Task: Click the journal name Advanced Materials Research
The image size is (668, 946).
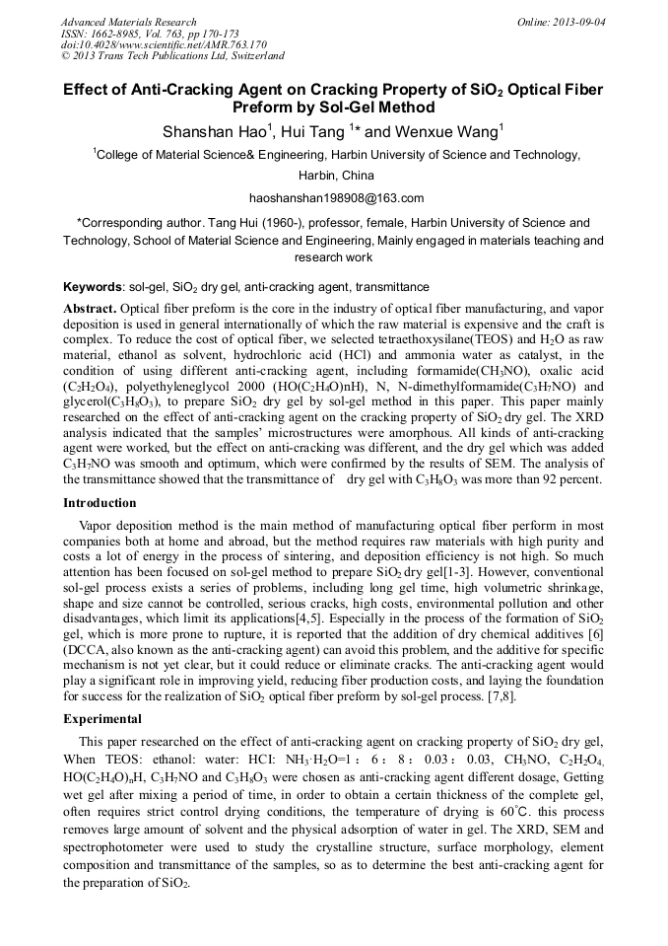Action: tap(129, 22)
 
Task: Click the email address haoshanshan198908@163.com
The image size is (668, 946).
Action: tap(336, 198)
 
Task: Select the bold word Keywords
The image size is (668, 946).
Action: tap(92, 287)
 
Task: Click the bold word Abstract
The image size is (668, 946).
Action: tap(90, 309)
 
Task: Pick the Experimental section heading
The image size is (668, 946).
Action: tap(103, 718)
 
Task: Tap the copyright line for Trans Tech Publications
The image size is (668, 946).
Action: tap(172, 56)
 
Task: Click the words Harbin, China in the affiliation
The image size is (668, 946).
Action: tap(336, 177)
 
